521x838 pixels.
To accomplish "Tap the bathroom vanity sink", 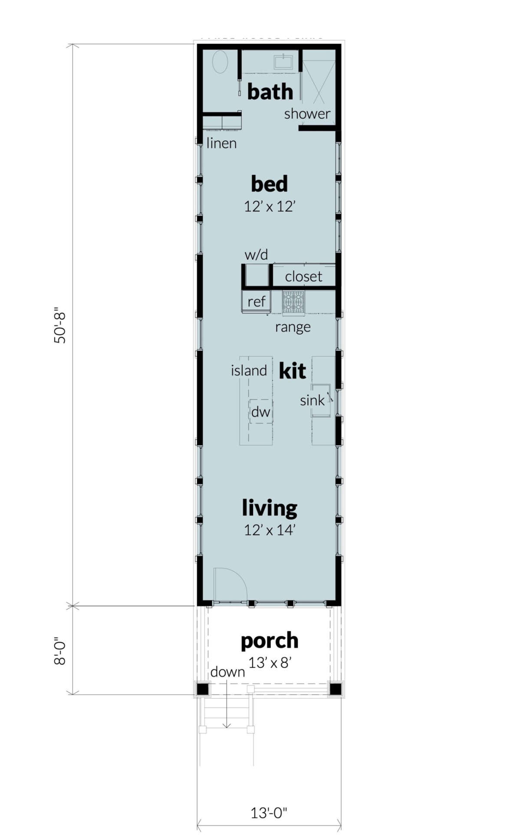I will pos(283,62).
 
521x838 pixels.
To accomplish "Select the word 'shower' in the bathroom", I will pos(307,114).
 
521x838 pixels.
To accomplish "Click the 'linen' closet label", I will pos(221,143).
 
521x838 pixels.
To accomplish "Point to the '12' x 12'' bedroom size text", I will pos(269,206).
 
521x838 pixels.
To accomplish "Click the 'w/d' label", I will pos(256,255).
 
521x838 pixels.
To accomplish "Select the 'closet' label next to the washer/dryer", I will pos(303,276).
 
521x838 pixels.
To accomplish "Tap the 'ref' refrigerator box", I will pos(256,301).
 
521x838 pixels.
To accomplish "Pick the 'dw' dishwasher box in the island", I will pos(261,412).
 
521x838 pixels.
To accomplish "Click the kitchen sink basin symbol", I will pos(321,400).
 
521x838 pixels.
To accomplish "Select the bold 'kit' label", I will pos(292,371).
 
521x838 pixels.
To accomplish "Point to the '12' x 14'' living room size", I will pos(269,530).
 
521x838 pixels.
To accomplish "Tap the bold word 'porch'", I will pos(270,640).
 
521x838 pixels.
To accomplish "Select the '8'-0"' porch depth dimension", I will pos(60,651).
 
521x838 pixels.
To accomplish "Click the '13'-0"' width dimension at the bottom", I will pos(269,812).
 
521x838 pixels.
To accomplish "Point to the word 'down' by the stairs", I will pos(228,672).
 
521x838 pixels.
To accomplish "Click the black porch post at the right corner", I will pos(335,689).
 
